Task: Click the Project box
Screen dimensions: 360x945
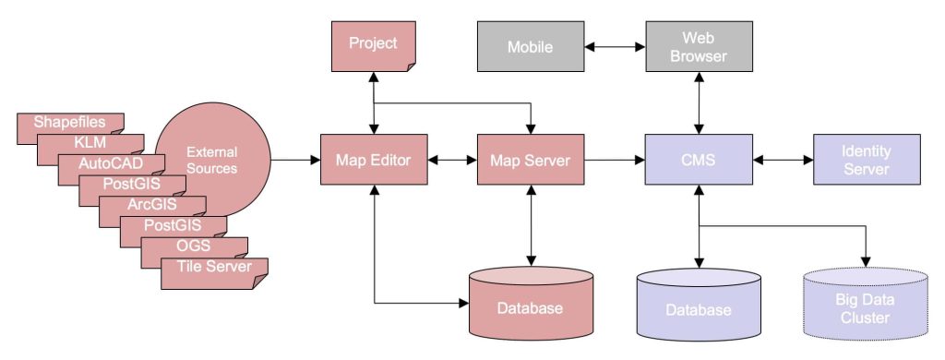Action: tap(373, 43)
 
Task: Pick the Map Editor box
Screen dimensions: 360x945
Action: tap(373, 161)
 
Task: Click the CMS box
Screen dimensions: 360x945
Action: tap(699, 161)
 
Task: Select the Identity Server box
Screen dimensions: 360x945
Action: tap(866, 161)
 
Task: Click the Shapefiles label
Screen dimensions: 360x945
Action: tap(69, 122)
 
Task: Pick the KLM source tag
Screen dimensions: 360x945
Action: tap(90, 143)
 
